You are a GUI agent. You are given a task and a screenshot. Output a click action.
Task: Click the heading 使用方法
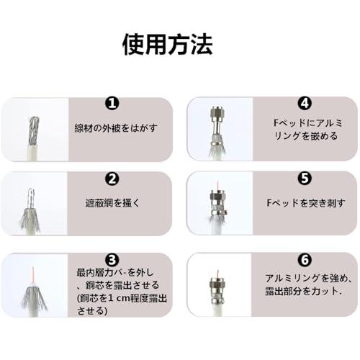(x=166, y=45)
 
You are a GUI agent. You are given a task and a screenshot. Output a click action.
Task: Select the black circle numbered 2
(x=112, y=179)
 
